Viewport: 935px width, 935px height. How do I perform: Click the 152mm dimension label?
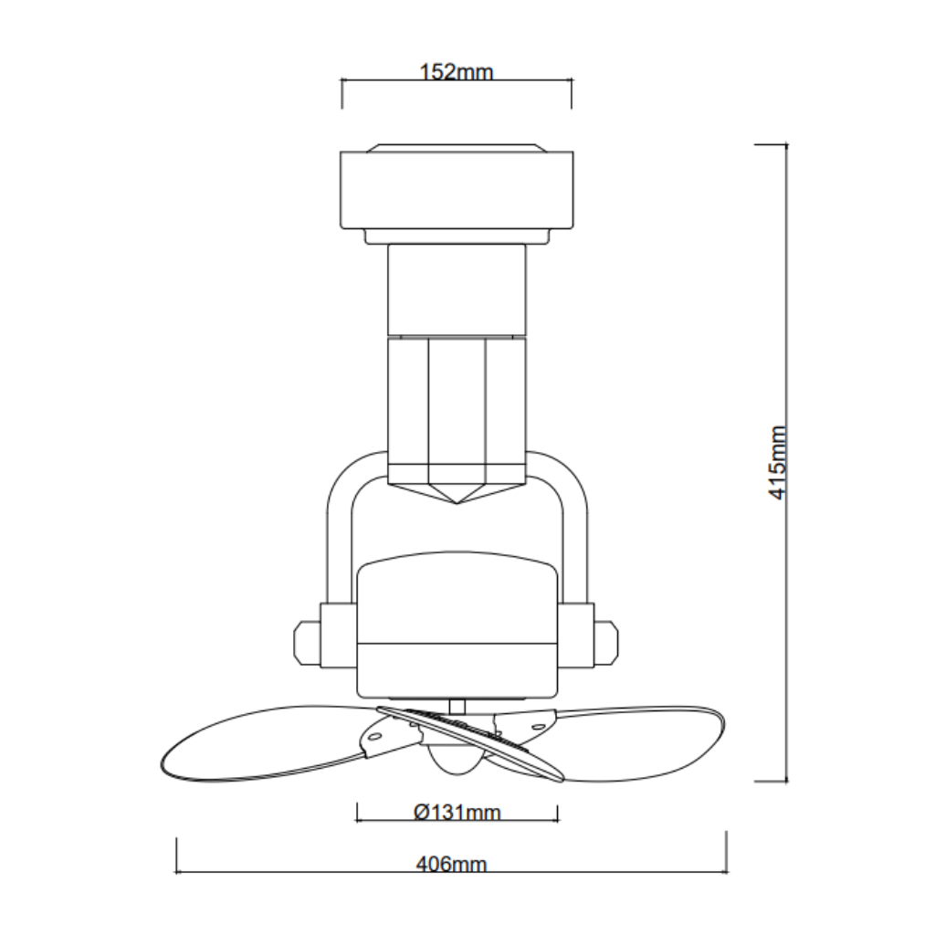pyautogui.click(x=457, y=72)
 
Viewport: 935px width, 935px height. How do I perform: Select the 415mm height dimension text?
pyautogui.click(x=778, y=463)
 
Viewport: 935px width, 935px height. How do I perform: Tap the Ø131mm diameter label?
pyautogui.click(x=457, y=812)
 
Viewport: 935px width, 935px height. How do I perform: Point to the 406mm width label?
pyautogui.click(x=451, y=864)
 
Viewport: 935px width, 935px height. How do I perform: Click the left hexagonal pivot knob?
pyautogui.click(x=308, y=643)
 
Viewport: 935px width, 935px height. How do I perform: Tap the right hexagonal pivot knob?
pyautogui.click(x=606, y=643)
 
